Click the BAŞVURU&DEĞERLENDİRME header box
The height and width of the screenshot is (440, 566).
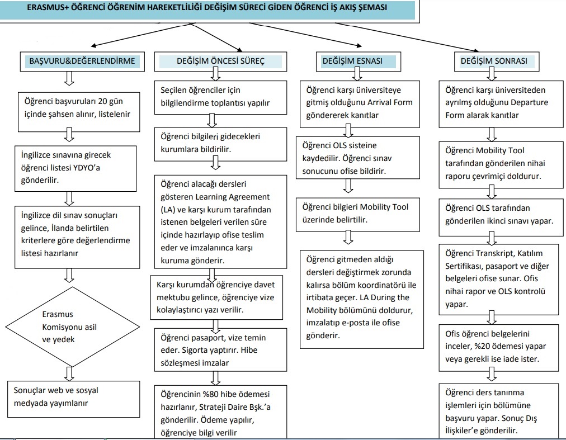pyautogui.click(x=82, y=61)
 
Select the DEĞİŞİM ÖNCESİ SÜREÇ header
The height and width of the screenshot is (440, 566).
pyautogui.click(x=220, y=61)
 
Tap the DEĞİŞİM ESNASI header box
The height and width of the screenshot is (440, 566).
pyautogui.click(x=359, y=61)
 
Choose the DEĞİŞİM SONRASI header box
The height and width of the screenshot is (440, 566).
pyautogui.click(x=497, y=61)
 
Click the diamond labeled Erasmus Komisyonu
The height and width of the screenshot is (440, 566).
pyautogui.click(x=73, y=327)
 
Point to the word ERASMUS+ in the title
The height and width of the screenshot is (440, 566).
pyautogui.click(x=48, y=7)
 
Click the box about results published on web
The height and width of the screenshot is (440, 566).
pyautogui.click(x=74, y=399)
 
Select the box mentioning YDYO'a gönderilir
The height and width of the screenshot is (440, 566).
pyautogui.click(x=76, y=169)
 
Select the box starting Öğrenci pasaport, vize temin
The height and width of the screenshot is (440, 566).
pyautogui.click(x=220, y=350)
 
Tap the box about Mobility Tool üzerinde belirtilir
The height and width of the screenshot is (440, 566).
pyautogui.click(x=358, y=214)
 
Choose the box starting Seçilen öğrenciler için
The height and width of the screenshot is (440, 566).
pyautogui.click(x=220, y=97)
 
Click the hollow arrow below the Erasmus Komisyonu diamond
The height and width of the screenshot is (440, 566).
pyautogui.click(x=69, y=374)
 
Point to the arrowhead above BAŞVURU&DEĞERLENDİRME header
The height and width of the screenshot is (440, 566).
pyautogui.click(x=93, y=45)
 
